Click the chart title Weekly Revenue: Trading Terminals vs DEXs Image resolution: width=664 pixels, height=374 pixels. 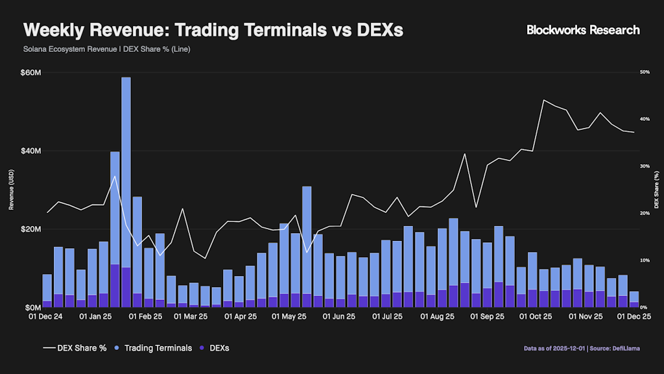(x=213, y=31)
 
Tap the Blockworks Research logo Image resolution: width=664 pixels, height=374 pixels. (x=583, y=30)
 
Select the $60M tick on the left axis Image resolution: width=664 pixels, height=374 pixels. (x=31, y=73)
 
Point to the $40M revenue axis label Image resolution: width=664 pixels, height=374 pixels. (x=31, y=151)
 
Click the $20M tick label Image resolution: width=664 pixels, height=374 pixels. (x=31, y=229)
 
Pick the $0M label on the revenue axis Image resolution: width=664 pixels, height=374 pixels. (x=33, y=307)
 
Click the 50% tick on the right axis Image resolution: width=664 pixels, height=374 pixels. (x=645, y=72)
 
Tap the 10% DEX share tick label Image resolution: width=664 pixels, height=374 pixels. (x=645, y=260)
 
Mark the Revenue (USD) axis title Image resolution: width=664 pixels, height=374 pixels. (x=11, y=191)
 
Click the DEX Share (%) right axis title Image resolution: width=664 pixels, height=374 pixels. (x=656, y=191)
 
